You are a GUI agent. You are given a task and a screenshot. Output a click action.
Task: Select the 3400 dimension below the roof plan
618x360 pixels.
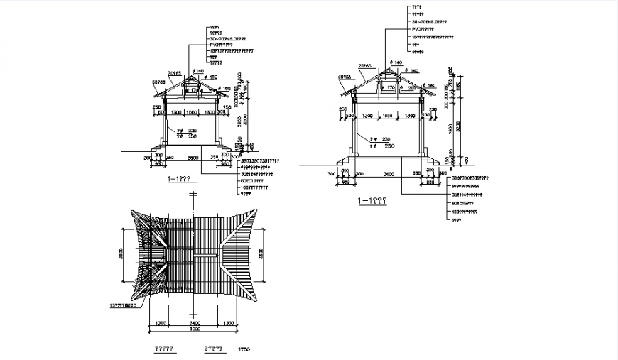tap(194, 322)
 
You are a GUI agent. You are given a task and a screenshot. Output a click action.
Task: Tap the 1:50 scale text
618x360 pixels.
tap(245, 349)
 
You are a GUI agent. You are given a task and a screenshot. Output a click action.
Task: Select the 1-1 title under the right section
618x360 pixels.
tap(372, 201)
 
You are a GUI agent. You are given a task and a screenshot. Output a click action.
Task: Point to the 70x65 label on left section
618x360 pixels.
tap(174, 73)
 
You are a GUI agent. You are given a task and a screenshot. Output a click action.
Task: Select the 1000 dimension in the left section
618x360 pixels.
tap(191, 112)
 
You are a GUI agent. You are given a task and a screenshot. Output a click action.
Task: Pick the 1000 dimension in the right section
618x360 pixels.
tap(386, 115)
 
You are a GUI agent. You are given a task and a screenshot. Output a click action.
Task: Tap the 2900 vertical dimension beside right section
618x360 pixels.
tap(451, 127)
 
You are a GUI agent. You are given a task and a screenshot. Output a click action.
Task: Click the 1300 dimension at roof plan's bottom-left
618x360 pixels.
tap(158, 322)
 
